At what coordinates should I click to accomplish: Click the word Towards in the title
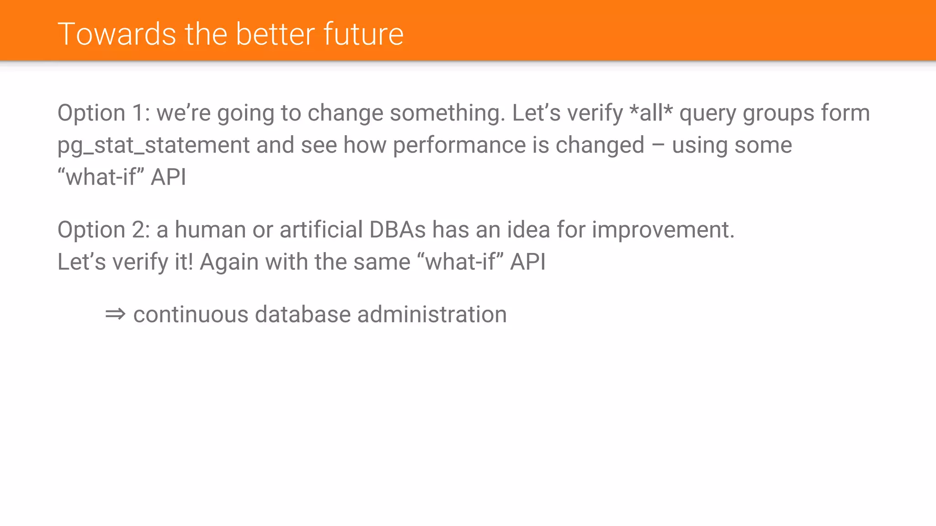(117, 34)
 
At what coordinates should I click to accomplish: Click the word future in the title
(363, 34)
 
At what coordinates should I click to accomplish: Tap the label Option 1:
(104, 113)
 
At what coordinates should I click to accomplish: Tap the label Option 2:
(104, 230)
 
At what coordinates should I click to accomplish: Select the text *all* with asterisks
(651, 113)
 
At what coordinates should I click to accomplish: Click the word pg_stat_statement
(154, 145)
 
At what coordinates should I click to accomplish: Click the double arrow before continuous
(115, 314)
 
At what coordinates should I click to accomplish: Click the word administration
(432, 315)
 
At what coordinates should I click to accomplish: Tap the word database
(303, 315)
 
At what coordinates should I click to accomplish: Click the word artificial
(321, 230)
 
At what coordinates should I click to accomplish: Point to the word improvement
(663, 230)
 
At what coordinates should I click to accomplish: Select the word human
(210, 230)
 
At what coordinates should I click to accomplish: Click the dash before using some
(658, 145)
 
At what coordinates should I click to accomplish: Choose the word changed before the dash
(600, 145)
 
